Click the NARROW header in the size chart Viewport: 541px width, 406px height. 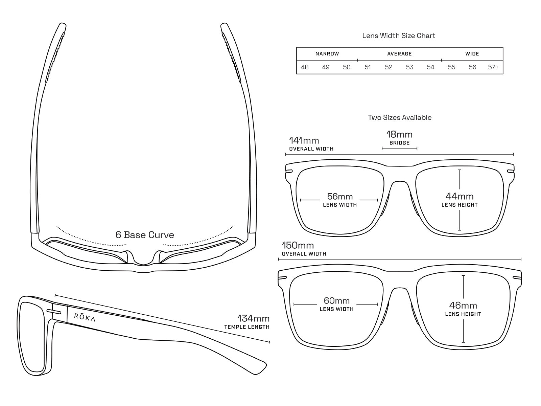coord(327,54)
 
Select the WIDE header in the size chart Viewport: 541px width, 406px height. coord(472,54)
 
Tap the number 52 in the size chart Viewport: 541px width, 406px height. coord(389,67)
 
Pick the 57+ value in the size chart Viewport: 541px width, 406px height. coord(493,67)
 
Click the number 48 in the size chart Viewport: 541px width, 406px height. coord(305,67)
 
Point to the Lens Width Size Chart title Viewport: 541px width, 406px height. coord(399,36)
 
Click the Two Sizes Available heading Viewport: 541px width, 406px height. coord(400,117)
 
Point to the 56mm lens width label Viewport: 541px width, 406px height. coord(340,200)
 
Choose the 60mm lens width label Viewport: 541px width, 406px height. coord(337,304)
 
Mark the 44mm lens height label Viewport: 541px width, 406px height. coord(460,199)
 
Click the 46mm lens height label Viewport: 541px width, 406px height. coord(463,309)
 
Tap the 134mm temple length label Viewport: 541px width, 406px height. coord(254,322)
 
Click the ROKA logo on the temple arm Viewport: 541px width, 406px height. coord(85,317)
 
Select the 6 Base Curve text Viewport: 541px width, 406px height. coord(145,235)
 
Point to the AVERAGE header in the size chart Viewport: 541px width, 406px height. coord(399,54)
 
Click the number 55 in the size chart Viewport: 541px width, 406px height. coord(451,67)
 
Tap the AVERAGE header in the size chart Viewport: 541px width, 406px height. coord(399,54)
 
